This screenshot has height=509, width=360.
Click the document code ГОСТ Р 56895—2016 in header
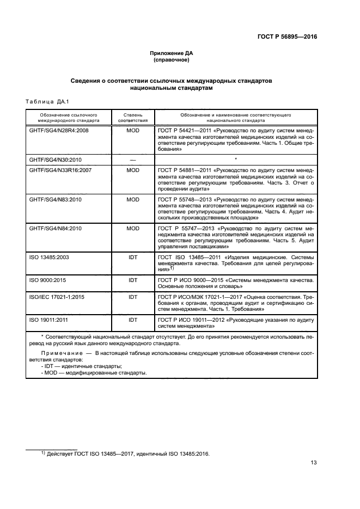click(x=287, y=36)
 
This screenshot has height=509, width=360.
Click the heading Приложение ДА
click(x=172, y=53)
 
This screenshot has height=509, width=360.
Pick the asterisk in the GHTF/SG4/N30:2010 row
click(x=235, y=159)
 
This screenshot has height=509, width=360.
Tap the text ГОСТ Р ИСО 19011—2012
click(x=191, y=321)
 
